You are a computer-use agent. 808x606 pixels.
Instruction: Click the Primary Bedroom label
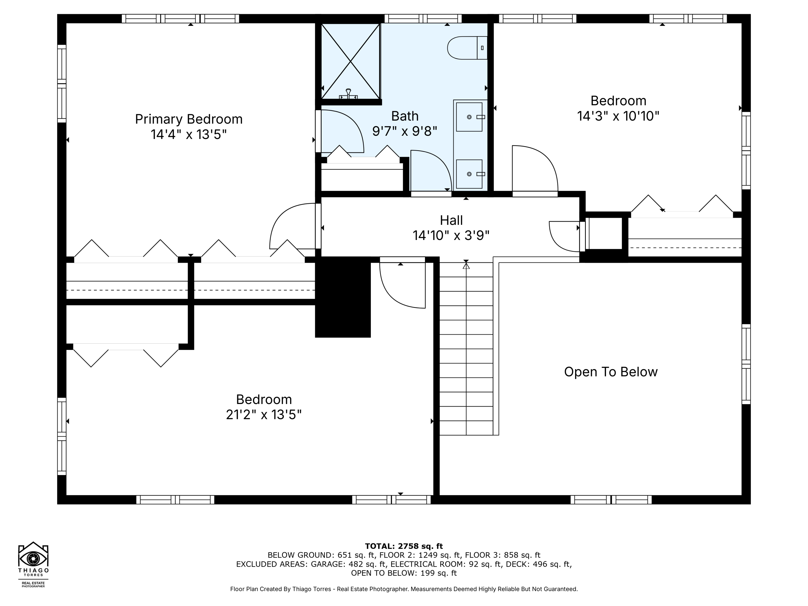(x=189, y=119)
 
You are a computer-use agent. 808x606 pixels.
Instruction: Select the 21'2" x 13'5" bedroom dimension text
(x=264, y=415)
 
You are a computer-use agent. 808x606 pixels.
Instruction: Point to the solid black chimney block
(x=343, y=297)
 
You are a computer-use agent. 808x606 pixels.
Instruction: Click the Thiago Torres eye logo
(x=33, y=559)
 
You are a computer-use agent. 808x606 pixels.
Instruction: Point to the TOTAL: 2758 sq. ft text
(x=404, y=546)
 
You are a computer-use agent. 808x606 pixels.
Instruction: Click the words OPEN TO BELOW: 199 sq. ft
(x=404, y=573)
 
